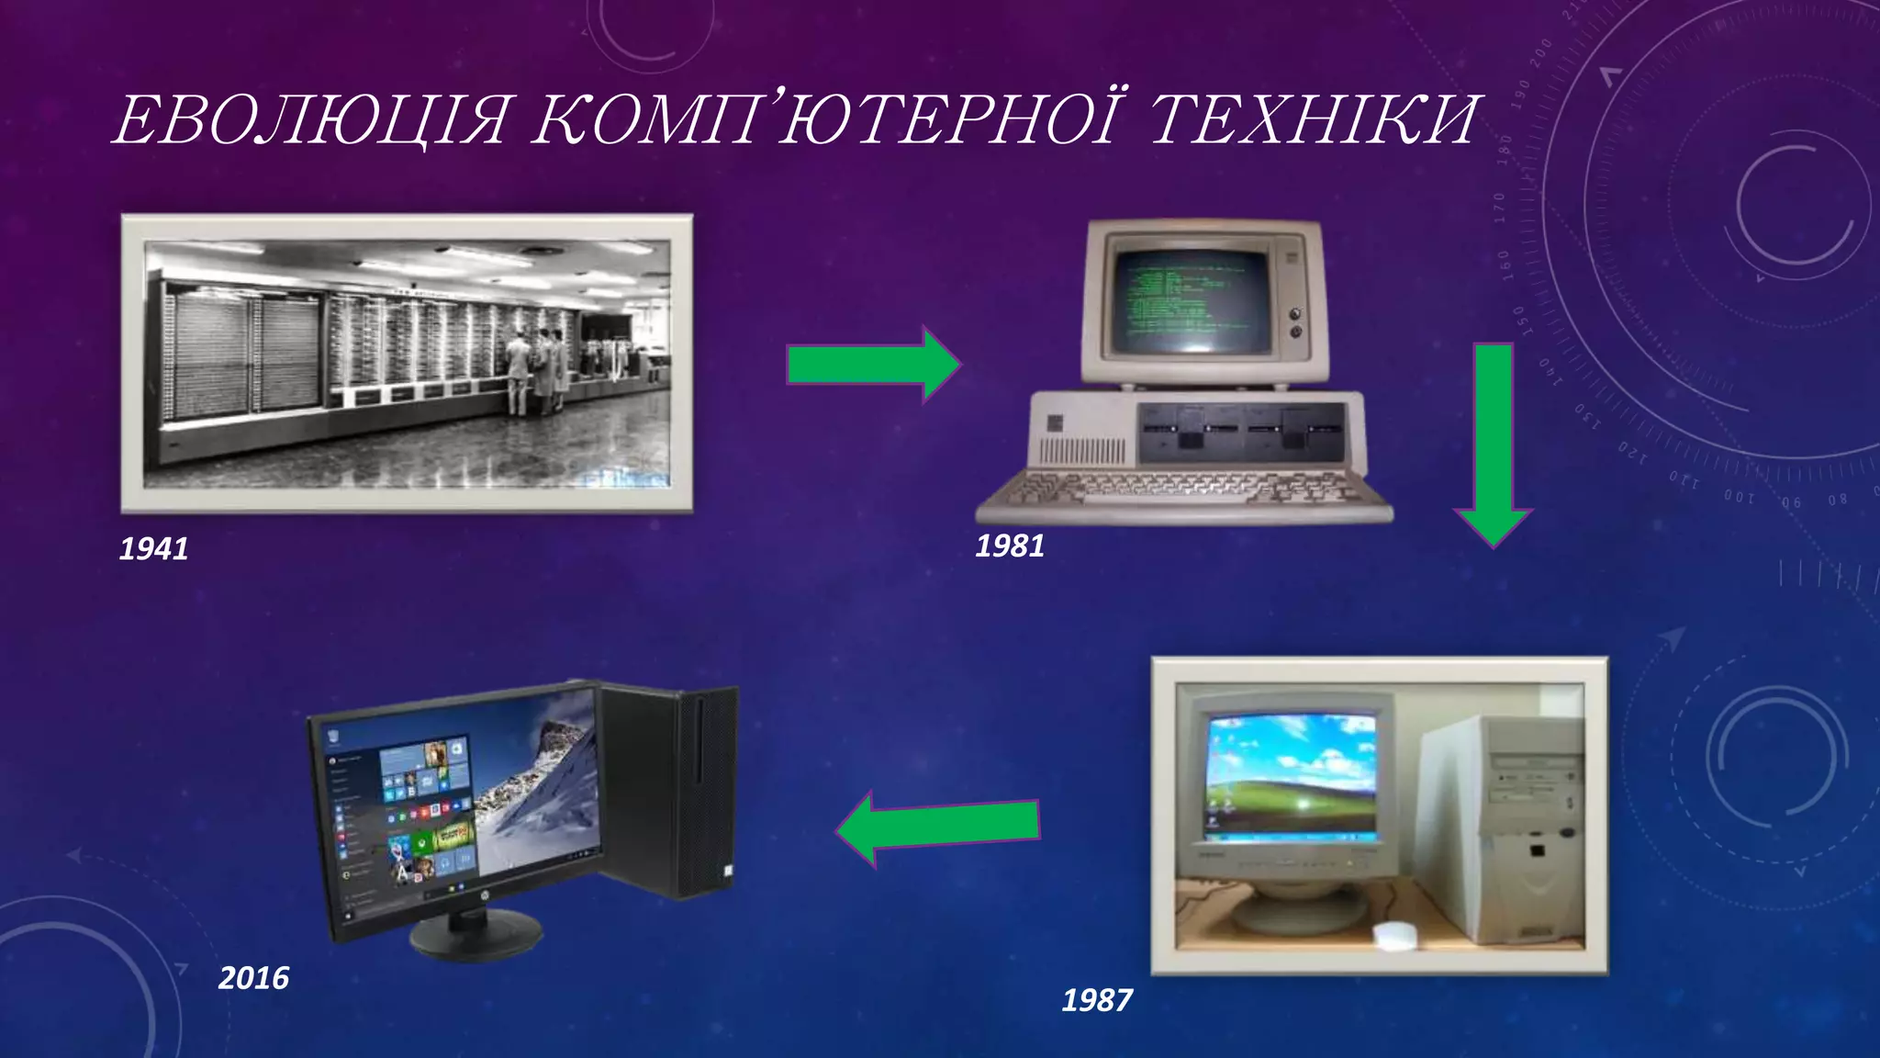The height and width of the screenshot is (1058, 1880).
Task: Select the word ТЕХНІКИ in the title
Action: tap(1313, 120)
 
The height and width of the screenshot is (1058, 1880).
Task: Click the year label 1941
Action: tap(154, 548)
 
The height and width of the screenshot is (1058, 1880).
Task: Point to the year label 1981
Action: tap(1010, 546)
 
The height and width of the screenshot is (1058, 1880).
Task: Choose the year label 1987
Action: tap(1097, 999)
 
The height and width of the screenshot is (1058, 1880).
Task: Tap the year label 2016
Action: tap(253, 977)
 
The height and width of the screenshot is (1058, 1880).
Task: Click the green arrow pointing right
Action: tap(872, 365)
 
